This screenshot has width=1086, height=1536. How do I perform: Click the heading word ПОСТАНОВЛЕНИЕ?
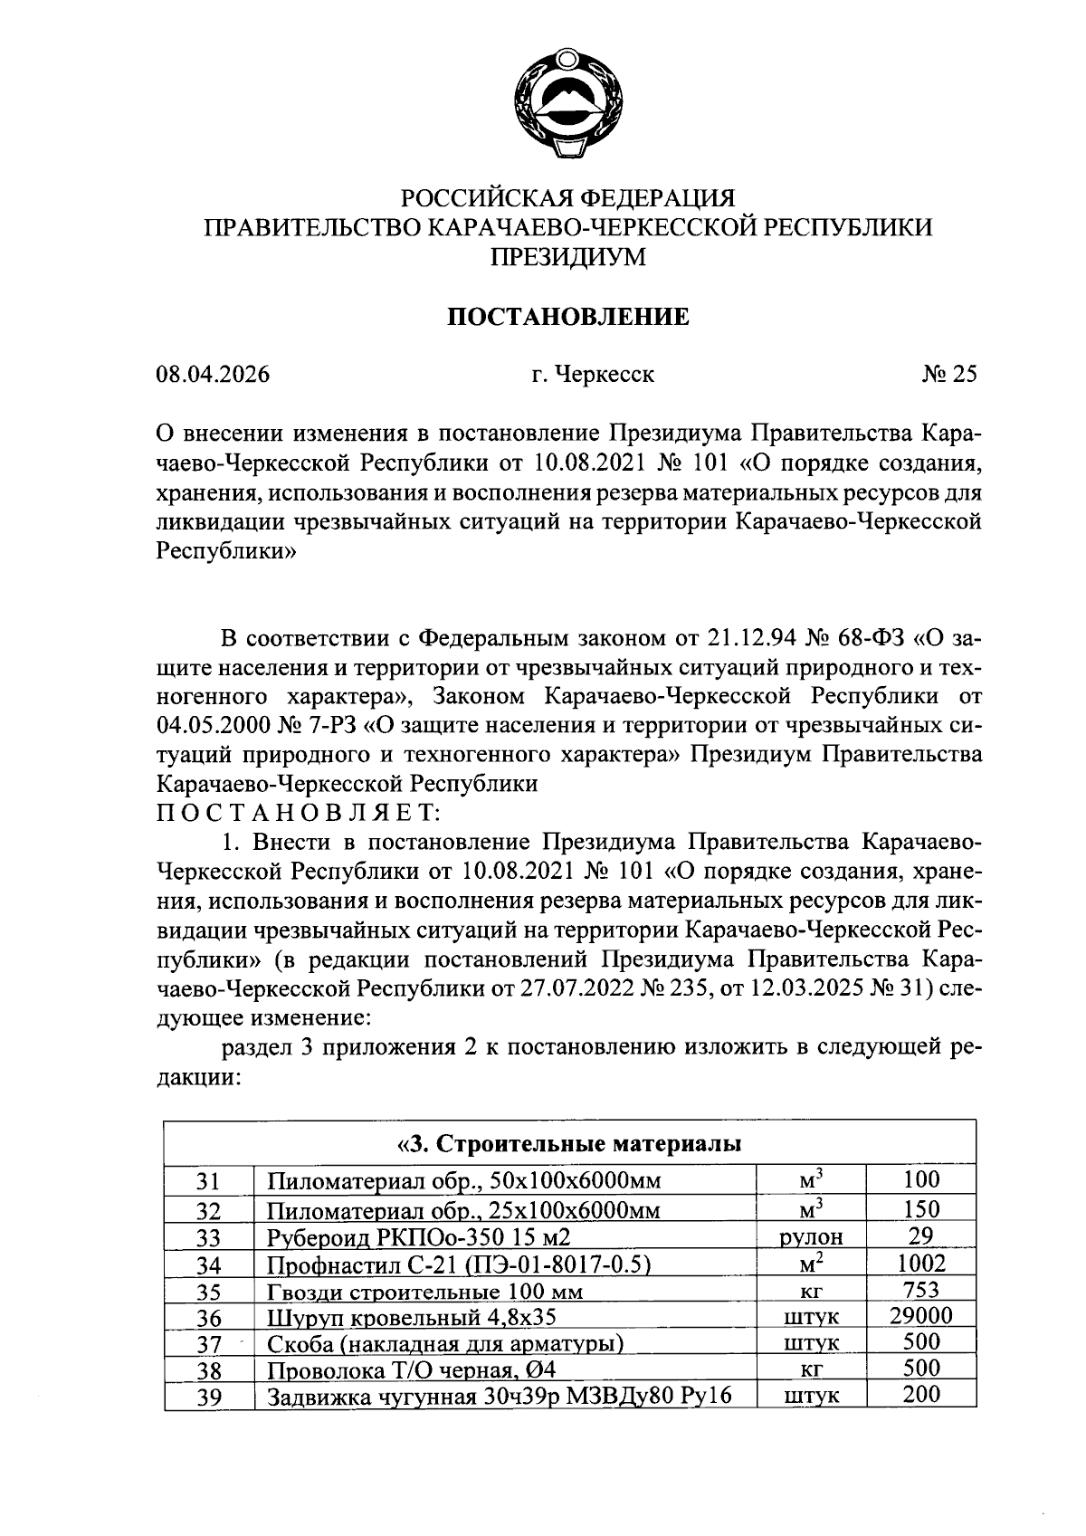(x=569, y=317)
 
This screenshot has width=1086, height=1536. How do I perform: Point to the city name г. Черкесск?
(x=593, y=375)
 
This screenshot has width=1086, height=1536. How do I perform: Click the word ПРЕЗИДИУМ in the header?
(x=568, y=257)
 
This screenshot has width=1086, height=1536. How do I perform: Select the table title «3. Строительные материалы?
(x=569, y=1143)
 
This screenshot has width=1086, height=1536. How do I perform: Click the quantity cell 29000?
(x=920, y=1316)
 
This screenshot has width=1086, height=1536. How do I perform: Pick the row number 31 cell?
(x=209, y=1181)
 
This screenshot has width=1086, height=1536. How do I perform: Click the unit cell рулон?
(x=811, y=1237)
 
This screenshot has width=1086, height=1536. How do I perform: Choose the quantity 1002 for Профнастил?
(x=920, y=1264)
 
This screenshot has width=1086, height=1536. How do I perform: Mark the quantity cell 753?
(x=920, y=1290)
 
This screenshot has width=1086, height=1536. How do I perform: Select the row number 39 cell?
(x=209, y=1398)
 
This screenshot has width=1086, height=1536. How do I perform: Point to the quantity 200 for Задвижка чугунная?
(x=920, y=1395)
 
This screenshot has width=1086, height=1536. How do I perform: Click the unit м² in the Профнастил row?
(x=811, y=1264)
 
